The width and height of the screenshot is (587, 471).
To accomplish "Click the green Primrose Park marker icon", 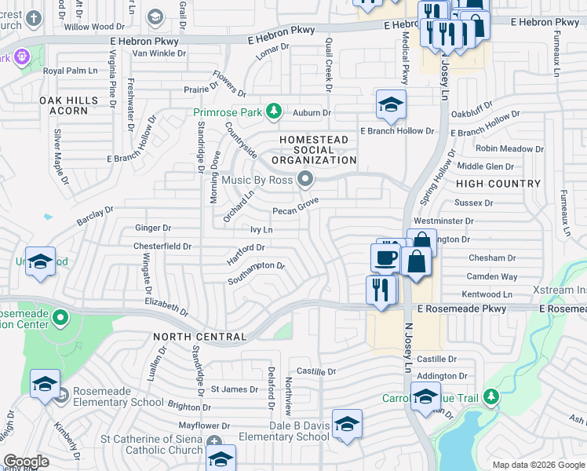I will point(273,112).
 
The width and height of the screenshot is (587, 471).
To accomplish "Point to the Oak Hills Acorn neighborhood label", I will point(69,105).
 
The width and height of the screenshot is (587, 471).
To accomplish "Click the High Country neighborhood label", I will point(498,184).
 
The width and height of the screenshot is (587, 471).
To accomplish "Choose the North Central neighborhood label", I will point(200,336).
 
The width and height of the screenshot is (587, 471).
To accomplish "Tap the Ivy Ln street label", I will point(261,229).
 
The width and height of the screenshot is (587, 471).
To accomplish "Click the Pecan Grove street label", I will point(296,210).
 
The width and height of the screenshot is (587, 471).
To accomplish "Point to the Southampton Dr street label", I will point(256,271).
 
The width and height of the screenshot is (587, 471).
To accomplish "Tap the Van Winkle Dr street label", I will point(159,53).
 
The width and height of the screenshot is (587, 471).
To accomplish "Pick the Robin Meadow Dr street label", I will point(509,148).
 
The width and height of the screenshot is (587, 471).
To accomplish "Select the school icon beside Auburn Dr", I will point(390,104).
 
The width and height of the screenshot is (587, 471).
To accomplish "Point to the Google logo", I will point(26,462).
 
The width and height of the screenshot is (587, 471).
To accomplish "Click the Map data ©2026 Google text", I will point(538,465).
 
